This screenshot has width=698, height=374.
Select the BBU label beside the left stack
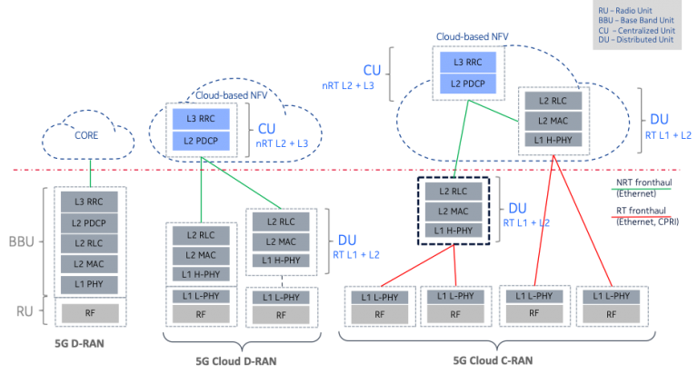coord(22,243)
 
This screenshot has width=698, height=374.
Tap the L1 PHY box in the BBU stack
coord(90,285)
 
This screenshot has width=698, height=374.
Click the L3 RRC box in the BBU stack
coord(90,202)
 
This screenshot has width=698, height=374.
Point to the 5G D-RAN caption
coord(75,344)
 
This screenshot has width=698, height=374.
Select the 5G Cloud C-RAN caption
coord(491,360)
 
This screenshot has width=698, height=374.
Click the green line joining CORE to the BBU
coord(90,171)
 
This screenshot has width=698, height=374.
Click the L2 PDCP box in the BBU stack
coord(90,222)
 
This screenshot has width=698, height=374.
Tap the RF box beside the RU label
coord(90,313)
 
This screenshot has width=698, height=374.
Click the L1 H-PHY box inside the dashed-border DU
coord(454,231)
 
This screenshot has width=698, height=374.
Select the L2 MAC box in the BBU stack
coord(90,264)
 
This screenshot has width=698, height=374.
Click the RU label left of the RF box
coord(24,311)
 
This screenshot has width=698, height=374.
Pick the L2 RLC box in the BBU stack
coord(90,243)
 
